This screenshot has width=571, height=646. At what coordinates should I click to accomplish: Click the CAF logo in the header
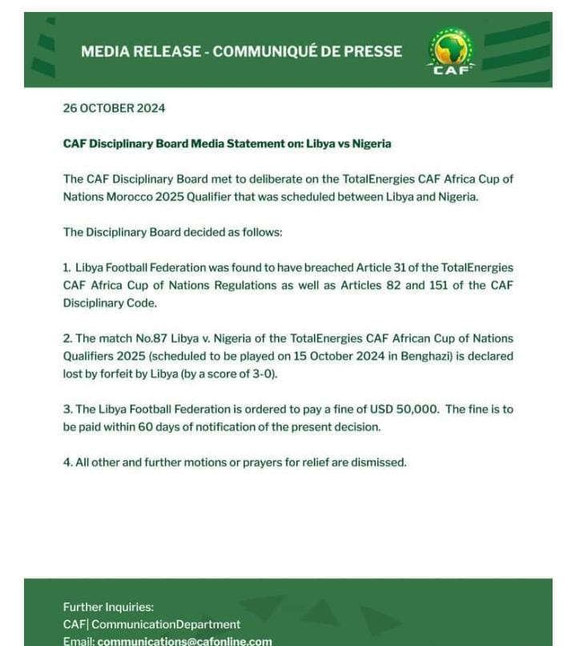click(x=451, y=51)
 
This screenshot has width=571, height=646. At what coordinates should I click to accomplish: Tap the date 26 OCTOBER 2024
click(x=114, y=108)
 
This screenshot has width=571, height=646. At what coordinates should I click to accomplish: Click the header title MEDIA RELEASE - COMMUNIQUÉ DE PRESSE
click(x=241, y=51)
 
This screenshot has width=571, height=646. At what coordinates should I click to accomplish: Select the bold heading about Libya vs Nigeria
click(x=227, y=144)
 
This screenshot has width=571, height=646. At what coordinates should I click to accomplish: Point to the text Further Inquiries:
click(x=108, y=608)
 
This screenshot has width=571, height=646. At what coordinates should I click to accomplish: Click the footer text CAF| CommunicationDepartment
click(x=151, y=624)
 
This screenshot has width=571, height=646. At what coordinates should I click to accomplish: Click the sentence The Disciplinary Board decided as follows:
click(x=172, y=232)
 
